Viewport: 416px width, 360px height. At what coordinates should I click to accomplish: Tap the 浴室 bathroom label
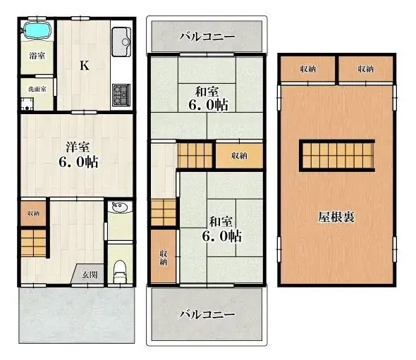37,56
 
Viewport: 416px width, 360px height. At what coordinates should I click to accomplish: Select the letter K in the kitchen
83,66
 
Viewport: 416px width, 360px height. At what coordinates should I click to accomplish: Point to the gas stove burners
121,92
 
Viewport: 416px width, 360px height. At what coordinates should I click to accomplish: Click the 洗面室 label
37,89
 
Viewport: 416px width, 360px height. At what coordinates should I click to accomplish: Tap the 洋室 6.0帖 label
78,154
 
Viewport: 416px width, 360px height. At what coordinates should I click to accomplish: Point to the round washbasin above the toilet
118,209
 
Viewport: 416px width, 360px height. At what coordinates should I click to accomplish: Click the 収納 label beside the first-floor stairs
34,213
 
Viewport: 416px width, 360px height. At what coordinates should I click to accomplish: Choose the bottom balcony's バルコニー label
206,314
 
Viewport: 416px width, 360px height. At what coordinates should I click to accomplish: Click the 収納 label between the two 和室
239,156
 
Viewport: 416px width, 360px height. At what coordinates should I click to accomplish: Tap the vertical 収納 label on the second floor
163,258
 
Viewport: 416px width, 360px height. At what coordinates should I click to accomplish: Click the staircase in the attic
336,154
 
